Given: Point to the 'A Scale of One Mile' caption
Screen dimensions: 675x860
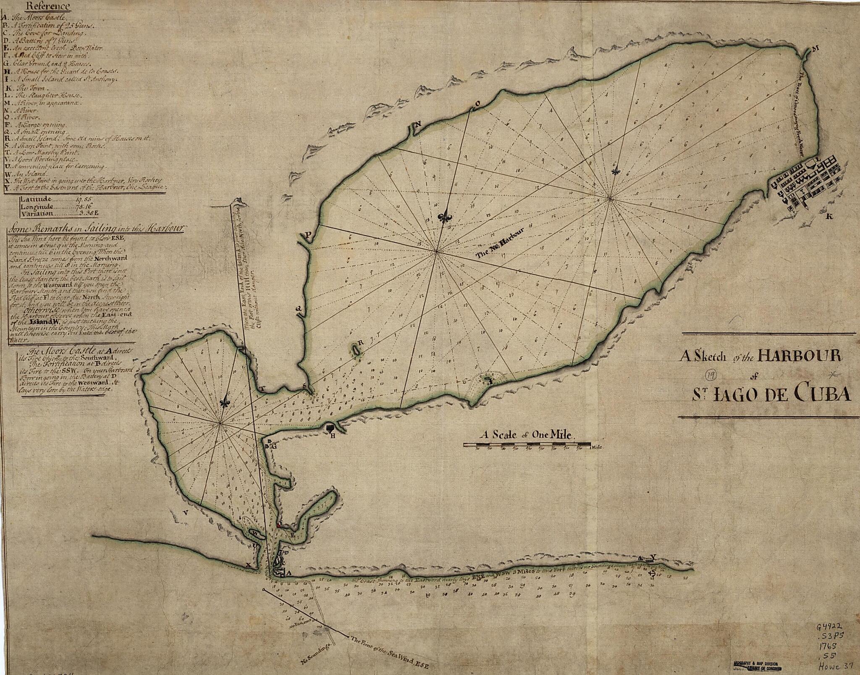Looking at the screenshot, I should (x=527, y=435).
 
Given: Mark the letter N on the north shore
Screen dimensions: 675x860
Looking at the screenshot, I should (x=418, y=124).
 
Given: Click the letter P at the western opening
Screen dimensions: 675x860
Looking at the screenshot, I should (x=309, y=236).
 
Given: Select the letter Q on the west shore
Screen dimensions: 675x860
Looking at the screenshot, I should (x=299, y=309).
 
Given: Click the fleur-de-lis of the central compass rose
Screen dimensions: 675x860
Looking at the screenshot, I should (x=444, y=217).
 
